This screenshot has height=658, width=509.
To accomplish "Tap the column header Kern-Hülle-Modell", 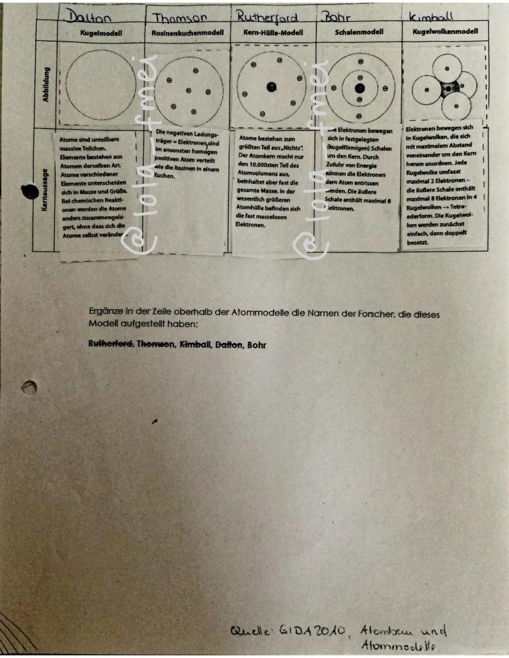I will pyautogui.click(x=273, y=31).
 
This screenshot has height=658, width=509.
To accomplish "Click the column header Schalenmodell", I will pyautogui.click(x=358, y=31).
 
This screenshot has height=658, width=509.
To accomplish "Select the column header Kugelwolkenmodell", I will pyautogui.click(x=446, y=31).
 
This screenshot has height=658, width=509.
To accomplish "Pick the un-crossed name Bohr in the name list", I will pyautogui.click(x=257, y=345).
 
